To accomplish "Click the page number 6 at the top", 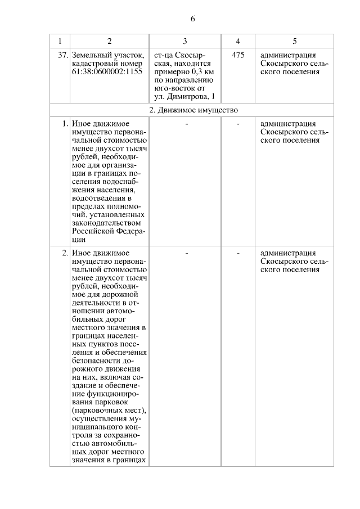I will (x=192, y=19).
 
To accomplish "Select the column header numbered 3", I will (x=185, y=41).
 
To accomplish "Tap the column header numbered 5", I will (x=295, y=41).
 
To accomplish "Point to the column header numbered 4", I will (x=238, y=41).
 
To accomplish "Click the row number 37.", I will (x=63, y=55).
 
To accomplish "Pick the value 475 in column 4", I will (x=238, y=55).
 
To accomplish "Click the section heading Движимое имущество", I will (x=197, y=109).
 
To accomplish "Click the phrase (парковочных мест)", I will (x=109, y=410).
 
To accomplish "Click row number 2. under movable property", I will (x=65, y=253).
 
